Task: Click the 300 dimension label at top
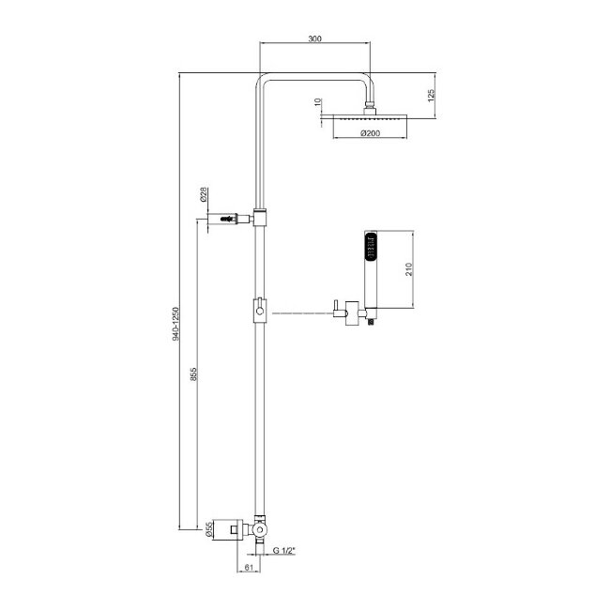point(314,38)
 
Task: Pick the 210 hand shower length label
point(409,269)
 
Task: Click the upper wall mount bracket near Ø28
point(227,220)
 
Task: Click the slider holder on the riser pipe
point(259,309)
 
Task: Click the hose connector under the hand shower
point(372,321)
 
